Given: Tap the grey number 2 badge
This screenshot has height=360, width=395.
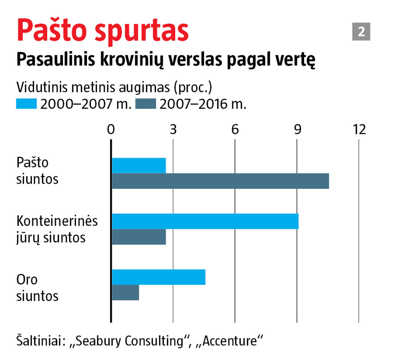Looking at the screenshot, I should point(361,32).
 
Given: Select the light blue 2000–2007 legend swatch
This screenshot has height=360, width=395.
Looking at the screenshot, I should point(27,104).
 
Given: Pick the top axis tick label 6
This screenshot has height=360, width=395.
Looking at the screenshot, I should point(235,130).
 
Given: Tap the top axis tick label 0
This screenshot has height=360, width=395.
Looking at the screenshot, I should point(111,130).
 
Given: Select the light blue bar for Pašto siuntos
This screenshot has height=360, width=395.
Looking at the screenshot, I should point(139,165).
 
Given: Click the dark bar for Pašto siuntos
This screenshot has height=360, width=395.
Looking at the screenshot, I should point(220,181).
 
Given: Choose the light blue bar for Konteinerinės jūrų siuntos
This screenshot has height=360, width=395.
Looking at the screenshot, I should point(205,221).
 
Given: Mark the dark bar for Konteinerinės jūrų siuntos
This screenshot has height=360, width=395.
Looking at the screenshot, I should point(139,237).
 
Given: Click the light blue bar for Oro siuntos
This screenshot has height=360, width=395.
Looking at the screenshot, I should point(158,277).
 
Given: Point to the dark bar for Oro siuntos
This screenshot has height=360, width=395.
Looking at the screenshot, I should point(125,293).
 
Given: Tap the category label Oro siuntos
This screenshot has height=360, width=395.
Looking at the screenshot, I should point(37,288).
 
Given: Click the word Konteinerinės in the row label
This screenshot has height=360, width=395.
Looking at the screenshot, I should point(57,221).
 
